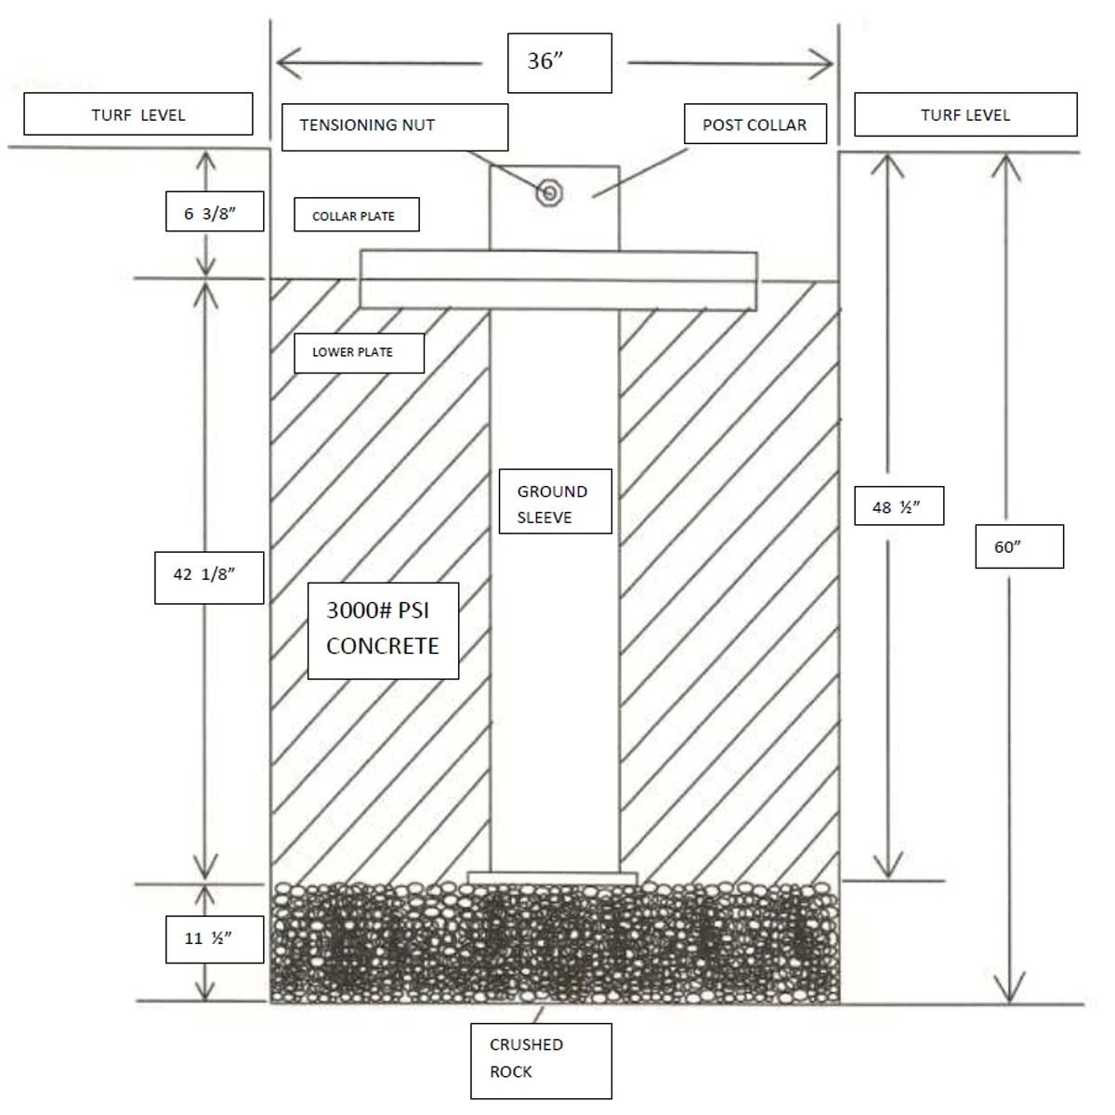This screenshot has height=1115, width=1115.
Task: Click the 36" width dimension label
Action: click(x=559, y=62)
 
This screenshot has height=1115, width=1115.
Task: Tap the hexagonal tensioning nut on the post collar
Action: click(x=550, y=193)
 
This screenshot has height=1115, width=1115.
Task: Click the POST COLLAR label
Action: click(x=754, y=125)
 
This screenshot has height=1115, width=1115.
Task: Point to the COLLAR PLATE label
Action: click(x=357, y=216)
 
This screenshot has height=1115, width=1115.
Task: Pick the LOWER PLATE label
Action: click(x=359, y=353)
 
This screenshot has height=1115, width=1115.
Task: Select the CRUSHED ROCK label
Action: click(x=541, y=1060)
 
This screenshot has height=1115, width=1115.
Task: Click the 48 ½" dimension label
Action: click(x=899, y=507)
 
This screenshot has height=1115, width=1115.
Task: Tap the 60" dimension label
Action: click(x=1020, y=546)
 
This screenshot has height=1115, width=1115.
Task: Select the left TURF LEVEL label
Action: click(x=138, y=114)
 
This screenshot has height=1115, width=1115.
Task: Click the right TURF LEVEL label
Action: click(x=965, y=115)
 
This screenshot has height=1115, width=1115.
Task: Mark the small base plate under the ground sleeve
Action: click(x=553, y=878)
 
